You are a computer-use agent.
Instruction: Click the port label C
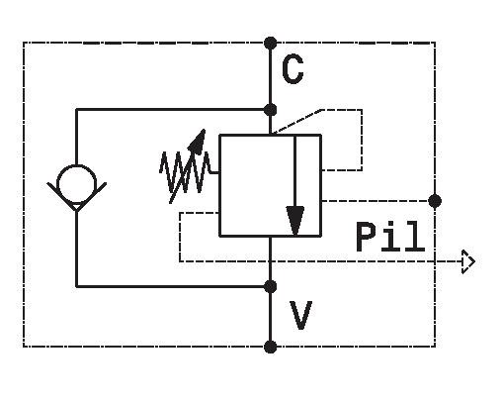[x=293, y=69]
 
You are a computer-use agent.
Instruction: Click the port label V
[x=300, y=315]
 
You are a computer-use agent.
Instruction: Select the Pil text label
[x=390, y=237]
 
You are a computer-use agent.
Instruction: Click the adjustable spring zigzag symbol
[x=186, y=171]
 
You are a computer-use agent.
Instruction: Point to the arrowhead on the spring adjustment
[x=198, y=142]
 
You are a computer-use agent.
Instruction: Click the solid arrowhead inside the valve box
[x=295, y=221]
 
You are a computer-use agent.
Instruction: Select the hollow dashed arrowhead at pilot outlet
[x=468, y=261]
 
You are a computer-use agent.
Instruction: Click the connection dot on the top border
[x=271, y=44]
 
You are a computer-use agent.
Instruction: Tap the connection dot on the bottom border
[x=271, y=347]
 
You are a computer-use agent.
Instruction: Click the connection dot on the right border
[x=435, y=201]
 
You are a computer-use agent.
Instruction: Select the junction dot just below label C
[x=271, y=109]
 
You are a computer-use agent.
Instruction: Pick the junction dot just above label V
[x=271, y=287]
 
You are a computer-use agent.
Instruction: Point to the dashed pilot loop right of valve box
[x=362, y=141]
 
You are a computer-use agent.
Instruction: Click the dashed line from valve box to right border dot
[x=376, y=201]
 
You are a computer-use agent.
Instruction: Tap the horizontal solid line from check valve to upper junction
[x=173, y=109]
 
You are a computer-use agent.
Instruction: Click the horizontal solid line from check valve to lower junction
[x=173, y=287]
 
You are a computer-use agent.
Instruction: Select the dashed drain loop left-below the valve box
[x=180, y=237]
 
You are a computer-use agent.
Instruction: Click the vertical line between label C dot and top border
[x=271, y=76]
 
